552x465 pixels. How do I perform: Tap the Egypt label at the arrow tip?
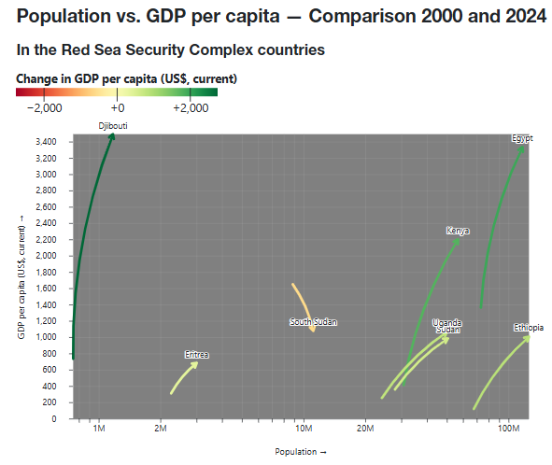coord(522,138)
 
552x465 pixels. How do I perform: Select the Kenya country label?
coord(458,231)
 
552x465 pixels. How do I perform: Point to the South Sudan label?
coord(313,322)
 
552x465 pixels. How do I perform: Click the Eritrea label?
coord(196,355)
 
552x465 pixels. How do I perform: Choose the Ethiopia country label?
coord(528,328)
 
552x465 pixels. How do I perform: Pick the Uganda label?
coord(447,323)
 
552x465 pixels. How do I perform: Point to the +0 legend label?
coord(117,108)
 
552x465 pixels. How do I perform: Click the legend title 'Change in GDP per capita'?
coord(126,78)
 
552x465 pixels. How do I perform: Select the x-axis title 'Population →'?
coord(301,452)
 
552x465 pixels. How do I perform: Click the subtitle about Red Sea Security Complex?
coord(171,48)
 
